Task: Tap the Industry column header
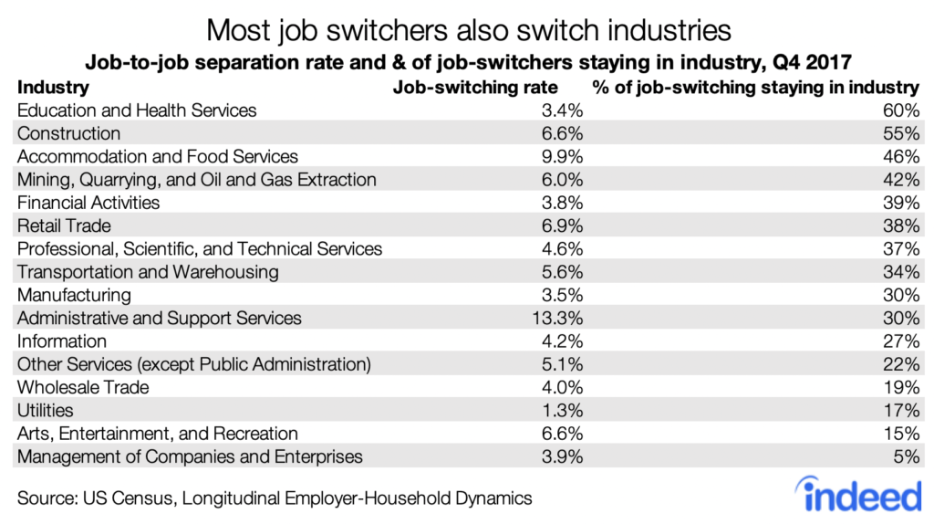coord(53,88)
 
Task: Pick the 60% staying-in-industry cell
coord(900,110)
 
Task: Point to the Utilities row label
coord(46,411)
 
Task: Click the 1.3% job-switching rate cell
coord(562,411)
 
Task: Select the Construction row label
coord(69,133)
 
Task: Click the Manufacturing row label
coord(74,296)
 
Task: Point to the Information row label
coord(62,341)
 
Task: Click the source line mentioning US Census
coord(274,498)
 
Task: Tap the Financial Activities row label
coord(88,203)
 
